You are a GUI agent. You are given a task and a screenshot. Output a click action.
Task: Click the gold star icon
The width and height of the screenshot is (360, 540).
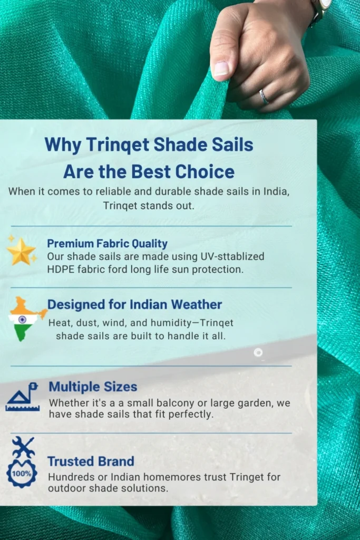[21, 252]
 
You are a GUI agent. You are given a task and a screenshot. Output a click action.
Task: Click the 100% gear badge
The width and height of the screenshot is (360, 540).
[22, 473]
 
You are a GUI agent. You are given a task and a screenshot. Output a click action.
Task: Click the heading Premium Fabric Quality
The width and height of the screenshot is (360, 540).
[107, 244]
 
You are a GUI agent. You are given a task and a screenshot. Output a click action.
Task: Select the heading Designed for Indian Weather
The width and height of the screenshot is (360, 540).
[134, 304]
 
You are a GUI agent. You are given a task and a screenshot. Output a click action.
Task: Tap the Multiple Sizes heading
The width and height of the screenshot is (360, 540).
[93, 387]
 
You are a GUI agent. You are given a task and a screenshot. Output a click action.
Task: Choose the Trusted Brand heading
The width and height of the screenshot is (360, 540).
[91, 461]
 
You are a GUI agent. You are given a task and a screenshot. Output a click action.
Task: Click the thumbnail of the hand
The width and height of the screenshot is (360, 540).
[221, 68]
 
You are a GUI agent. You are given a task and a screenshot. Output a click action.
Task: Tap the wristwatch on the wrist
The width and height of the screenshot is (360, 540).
[319, 8]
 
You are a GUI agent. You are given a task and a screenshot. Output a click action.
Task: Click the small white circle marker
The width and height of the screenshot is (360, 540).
[258, 352]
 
